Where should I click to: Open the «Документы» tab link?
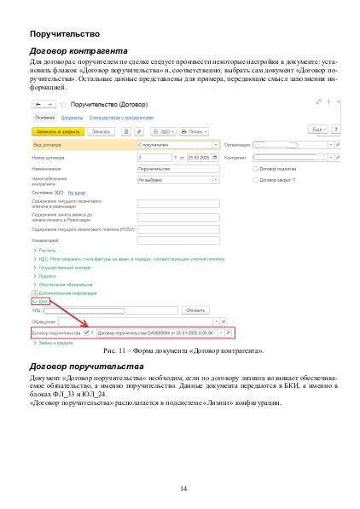coord(71,118)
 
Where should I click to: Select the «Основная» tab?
coord(45,118)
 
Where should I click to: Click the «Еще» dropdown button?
coord(316,129)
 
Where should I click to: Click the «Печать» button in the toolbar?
coord(195,132)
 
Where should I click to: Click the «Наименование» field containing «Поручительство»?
coord(177,169)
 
